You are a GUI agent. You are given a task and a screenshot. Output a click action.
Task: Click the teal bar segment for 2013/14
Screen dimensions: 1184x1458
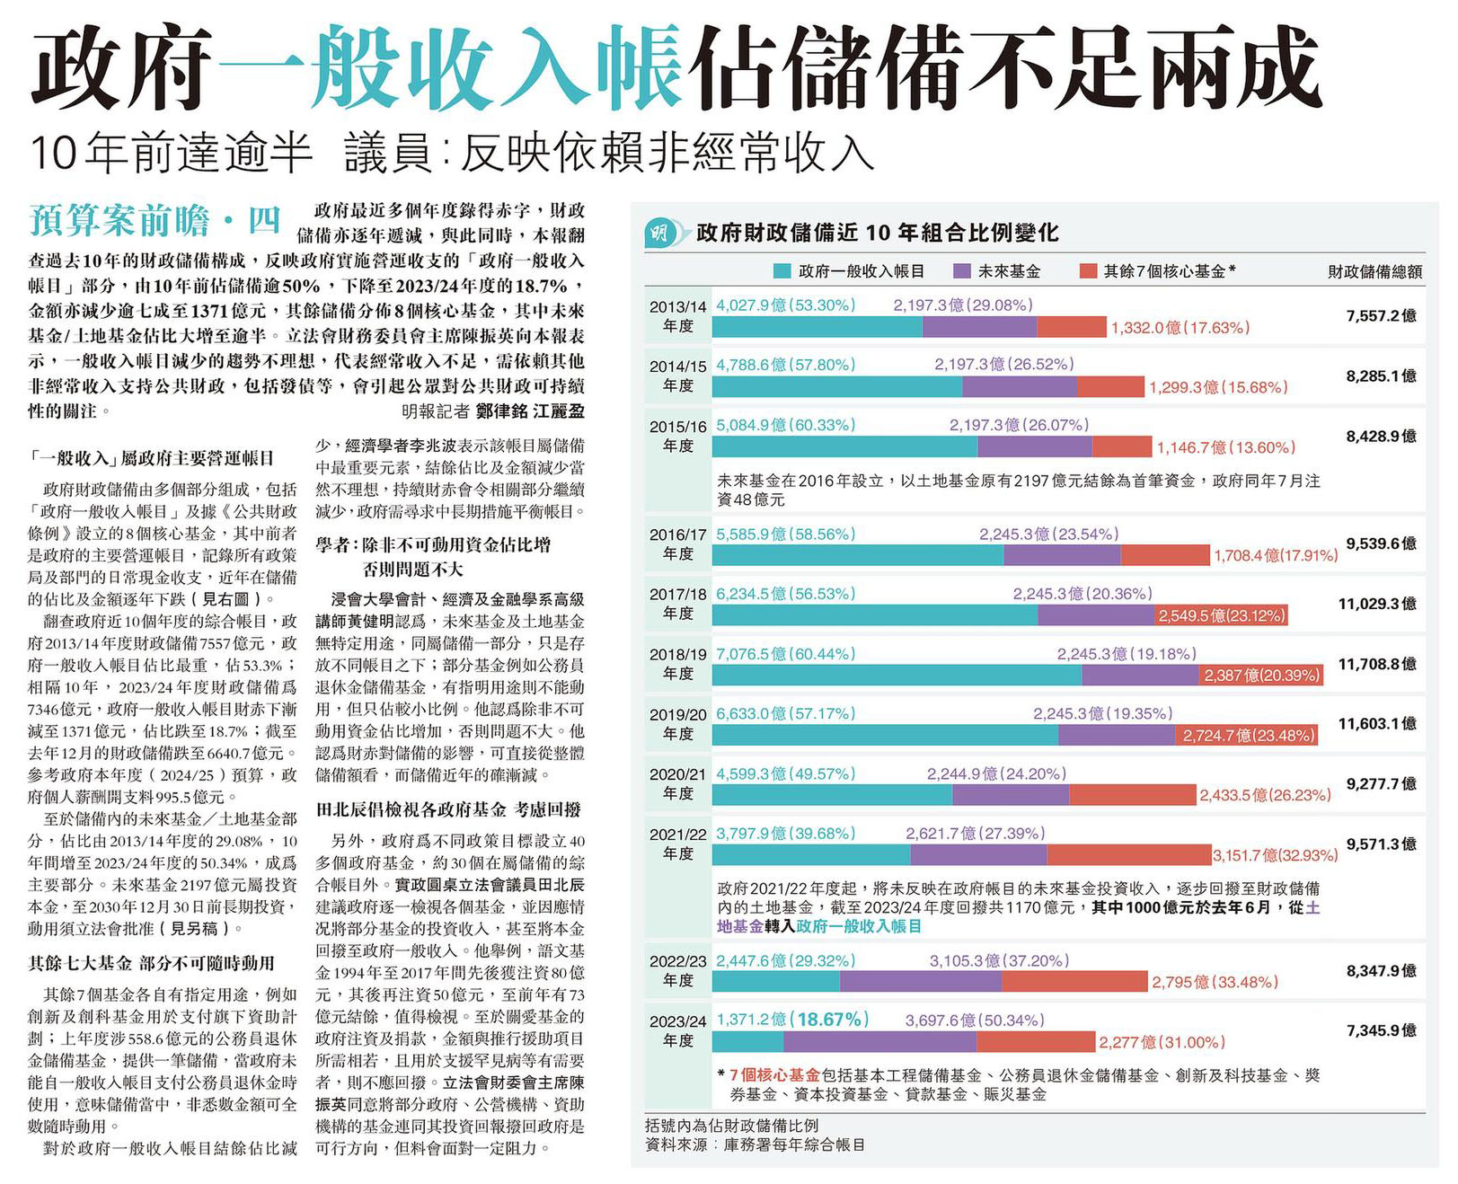(x=817, y=327)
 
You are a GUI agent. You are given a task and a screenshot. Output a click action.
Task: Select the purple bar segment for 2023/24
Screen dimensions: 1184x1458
(x=879, y=1041)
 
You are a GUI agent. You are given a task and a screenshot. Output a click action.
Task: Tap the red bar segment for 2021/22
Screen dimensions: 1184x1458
(x=1128, y=854)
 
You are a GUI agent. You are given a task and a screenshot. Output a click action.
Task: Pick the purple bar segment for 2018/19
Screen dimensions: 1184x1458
(x=1140, y=675)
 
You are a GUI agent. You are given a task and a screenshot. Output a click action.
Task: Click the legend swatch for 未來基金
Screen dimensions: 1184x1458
(x=962, y=271)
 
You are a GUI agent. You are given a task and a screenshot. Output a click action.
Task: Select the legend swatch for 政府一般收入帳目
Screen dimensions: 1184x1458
(x=782, y=271)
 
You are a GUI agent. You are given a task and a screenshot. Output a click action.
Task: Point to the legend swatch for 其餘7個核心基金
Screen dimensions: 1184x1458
(x=1088, y=271)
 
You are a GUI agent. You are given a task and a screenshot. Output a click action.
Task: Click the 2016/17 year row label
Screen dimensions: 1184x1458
(x=678, y=544)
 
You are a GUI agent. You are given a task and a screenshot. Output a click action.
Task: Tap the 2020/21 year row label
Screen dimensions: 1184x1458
(x=678, y=783)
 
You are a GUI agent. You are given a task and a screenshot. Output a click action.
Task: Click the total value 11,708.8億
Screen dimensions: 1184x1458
(x=1376, y=664)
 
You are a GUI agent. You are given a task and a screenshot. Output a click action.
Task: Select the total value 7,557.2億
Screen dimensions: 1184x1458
(x=1381, y=315)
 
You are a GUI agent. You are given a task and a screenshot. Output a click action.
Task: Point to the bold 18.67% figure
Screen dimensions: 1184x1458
(x=833, y=1020)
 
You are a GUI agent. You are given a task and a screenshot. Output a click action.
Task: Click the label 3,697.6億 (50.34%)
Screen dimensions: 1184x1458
(x=974, y=1021)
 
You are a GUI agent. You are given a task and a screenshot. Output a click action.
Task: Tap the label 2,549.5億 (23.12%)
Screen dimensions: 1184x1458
(x=1221, y=615)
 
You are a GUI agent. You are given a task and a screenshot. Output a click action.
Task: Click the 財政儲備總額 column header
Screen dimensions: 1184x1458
(x=1374, y=271)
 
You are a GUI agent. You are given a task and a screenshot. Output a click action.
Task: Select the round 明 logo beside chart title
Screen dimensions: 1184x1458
(x=660, y=234)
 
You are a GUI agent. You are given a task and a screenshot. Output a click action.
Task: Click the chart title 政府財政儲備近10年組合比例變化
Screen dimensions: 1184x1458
(x=877, y=234)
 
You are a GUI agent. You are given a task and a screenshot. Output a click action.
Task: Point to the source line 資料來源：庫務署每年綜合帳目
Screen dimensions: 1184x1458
(x=755, y=1145)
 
